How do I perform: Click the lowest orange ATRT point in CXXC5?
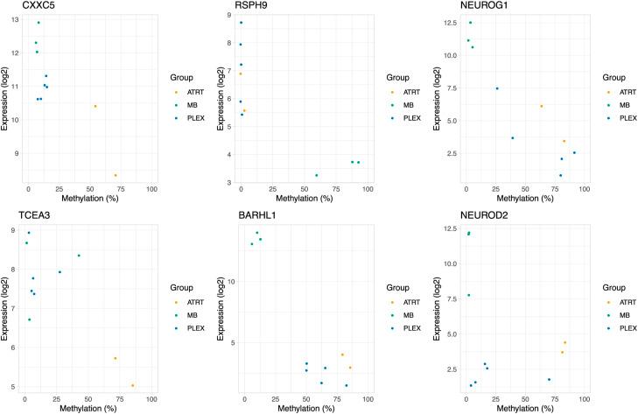click(x=115, y=175)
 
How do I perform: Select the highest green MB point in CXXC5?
click(x=39, y=23)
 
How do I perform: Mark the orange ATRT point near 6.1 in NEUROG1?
click(x=542, y=106)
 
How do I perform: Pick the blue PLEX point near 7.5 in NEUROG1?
click(x=497, y=88)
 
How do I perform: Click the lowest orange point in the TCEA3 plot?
click(x=133, y=385)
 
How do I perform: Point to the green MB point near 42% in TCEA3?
click(x=79, y=256)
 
